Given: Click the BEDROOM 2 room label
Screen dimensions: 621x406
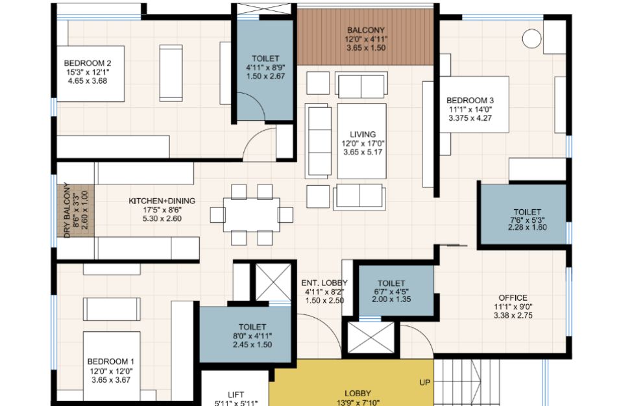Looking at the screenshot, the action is (88, 63).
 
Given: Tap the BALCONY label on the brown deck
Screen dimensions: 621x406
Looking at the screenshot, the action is (365, 30).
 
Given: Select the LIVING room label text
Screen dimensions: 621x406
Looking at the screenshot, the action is (362, 134).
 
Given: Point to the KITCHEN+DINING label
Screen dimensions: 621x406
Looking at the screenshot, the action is (162, 201).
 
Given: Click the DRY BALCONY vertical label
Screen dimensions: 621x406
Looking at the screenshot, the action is (67, 210).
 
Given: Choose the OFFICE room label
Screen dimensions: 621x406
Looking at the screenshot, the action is (513, 298).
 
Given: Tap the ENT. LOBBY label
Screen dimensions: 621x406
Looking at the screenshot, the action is (324, 283).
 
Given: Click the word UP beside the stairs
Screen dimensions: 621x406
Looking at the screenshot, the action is (424, 383).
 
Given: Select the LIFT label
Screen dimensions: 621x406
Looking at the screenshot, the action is (236, 394).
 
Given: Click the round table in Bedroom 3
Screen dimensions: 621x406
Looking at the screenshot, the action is (531, 38).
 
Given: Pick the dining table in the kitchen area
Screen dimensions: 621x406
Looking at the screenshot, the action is (252, 215).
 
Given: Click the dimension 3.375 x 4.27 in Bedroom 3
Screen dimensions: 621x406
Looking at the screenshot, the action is (470, 118).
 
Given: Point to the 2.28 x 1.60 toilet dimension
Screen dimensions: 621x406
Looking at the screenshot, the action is (527, 227).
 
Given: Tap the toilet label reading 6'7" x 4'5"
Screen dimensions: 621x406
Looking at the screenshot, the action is (391, 292).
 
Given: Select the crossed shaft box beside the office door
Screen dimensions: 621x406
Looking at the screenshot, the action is (371, 337).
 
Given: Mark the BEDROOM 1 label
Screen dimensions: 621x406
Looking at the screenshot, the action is (110, 362).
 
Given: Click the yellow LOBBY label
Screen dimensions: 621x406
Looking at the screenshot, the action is (358, 394).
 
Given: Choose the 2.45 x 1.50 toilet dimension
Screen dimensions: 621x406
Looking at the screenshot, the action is (252, 344).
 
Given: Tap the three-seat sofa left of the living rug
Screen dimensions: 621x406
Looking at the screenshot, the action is (318, 141).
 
